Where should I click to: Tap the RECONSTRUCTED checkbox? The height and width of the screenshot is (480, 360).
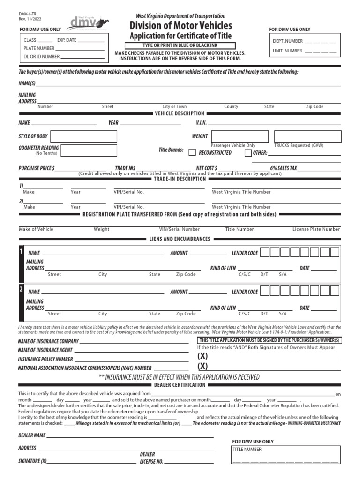(192, 152)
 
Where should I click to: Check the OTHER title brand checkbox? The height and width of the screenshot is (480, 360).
(248, 152)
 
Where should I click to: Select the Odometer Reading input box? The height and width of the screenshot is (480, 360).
(89, 150)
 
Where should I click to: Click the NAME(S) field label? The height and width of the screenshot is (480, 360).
(27, 83)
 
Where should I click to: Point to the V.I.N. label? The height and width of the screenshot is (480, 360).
(201, 123)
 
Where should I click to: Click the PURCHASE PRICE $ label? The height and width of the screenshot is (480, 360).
(37, 168)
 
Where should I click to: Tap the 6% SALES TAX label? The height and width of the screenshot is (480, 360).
(284, 168)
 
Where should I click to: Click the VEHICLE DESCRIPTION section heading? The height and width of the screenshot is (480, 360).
(180, 113)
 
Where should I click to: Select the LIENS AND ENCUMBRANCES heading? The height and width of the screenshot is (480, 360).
(180, 239)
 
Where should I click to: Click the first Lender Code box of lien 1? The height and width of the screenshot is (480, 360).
(265, 253)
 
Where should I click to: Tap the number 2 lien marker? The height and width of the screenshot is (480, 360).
(21, 290)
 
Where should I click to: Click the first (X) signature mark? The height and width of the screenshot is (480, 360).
(202, 356)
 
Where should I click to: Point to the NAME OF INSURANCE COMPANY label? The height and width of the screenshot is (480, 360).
(48, 341)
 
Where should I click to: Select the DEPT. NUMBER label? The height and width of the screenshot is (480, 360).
(288, 41)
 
